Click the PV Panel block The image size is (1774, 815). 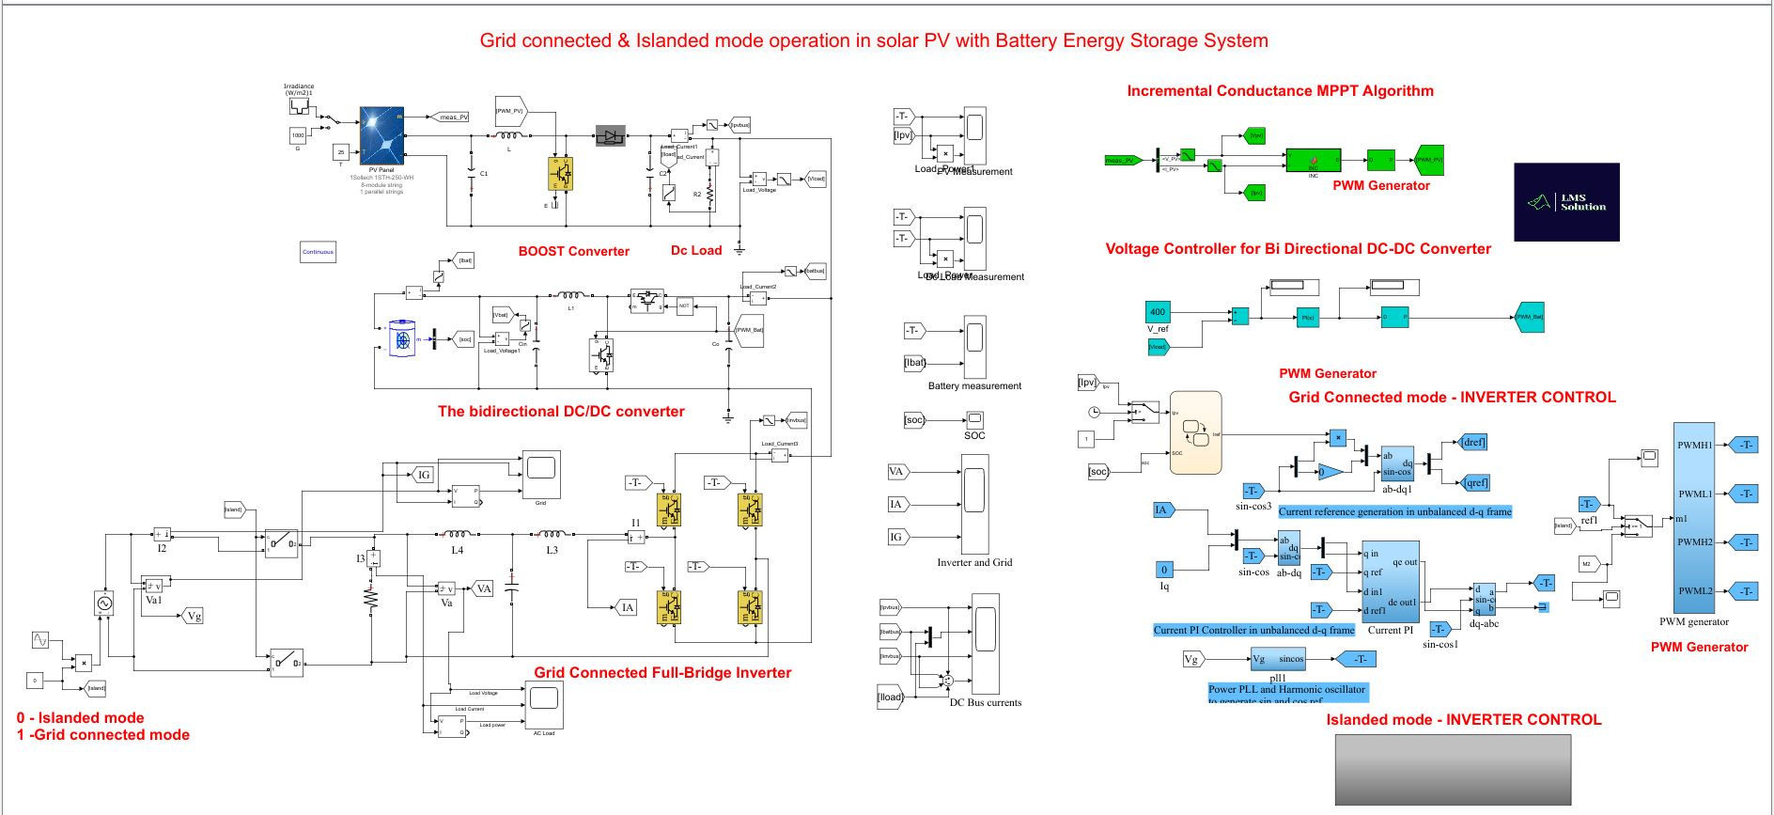pos(381,135)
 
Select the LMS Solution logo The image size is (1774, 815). pos(1566,201)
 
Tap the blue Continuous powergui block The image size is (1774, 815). pos(318,252)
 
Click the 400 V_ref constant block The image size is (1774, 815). pos(1158,312)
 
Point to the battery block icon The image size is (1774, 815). pos(402,339)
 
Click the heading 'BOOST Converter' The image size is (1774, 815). pos(573,251)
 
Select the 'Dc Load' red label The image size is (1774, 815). pos(695,250)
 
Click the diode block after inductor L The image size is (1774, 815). pos(610,137)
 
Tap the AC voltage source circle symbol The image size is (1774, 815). pos(101,603)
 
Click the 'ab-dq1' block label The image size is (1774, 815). pos(1397,489)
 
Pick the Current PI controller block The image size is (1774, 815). pos(1391,581)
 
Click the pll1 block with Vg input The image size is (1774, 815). pos(1278,659)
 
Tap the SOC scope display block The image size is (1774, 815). pos(974,419)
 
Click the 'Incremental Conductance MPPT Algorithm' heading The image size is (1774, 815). pos(1280,91)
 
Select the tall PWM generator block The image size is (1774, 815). pos(1694,518)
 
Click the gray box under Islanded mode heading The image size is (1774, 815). pos(1453,769)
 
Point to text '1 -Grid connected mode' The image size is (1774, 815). pos(103,735)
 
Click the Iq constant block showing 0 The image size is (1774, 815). pos(1164,569)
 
